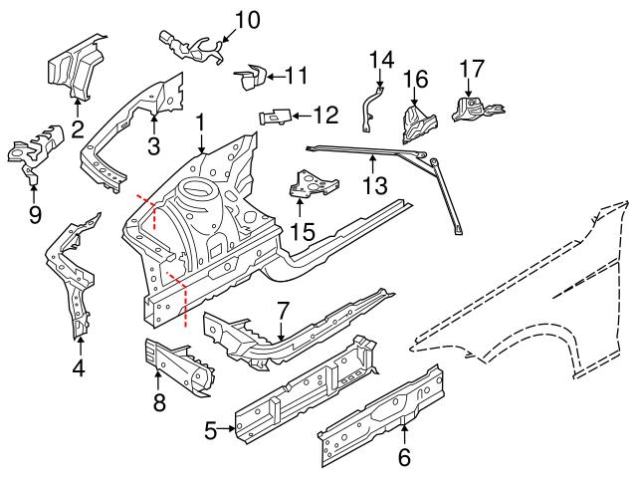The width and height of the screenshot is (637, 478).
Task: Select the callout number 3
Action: (154, 146)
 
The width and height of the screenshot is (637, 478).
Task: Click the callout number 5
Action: (211, 430)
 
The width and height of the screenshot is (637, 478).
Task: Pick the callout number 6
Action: (404, 458)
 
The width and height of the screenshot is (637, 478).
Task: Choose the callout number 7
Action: (283, 310)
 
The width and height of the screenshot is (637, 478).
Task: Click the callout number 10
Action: (246, 18)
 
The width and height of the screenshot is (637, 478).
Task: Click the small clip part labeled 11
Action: (252, 76)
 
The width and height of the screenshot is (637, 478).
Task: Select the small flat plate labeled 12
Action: (277, 116)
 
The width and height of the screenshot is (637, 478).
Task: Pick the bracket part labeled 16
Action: (414, 120)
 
